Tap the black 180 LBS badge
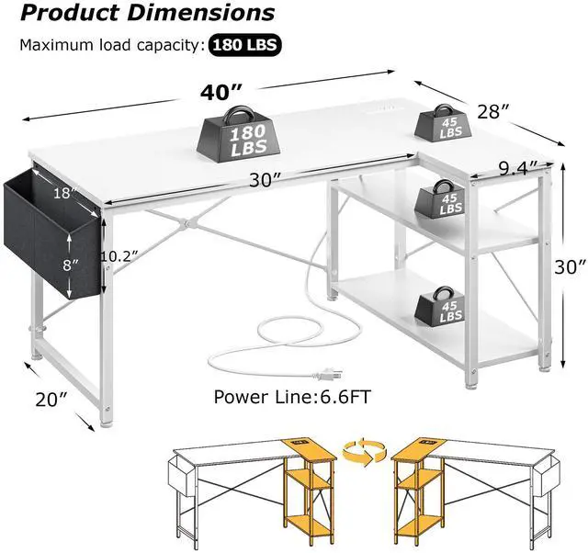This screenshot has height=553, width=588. [245, 44]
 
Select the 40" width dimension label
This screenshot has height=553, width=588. [222, 93]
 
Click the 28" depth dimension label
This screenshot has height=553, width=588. [494, 113]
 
